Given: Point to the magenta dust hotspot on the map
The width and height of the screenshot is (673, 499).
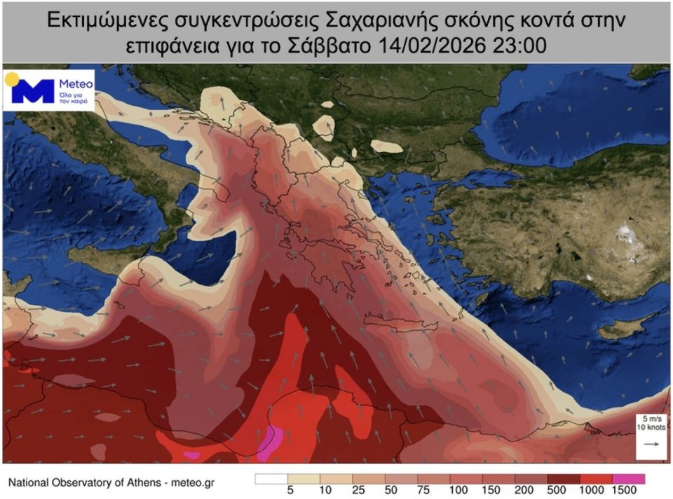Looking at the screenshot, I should click(x=268, y=443).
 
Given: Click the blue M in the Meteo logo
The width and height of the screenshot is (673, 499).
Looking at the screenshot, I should click(x=32, y=91).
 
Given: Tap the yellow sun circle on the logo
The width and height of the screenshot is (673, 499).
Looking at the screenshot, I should click(x=12, y=78).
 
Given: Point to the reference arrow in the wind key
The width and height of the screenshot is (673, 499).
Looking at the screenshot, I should click(x=651, y=444).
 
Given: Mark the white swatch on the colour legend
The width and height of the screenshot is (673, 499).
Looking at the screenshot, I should click(x=269, y=479).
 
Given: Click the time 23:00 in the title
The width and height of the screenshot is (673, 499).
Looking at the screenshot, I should click(x=523, y=46).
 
